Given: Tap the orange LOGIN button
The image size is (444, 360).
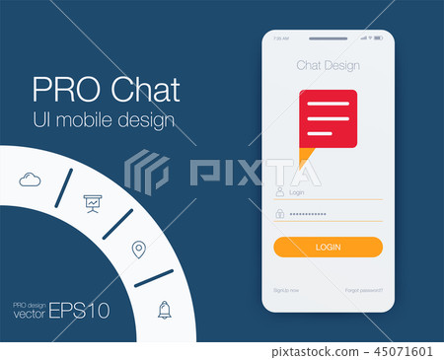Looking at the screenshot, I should (x=328, y=247).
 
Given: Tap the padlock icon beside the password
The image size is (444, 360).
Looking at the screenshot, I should (x=280, y=213).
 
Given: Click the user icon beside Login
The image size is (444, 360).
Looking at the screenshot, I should (x=280, y=193).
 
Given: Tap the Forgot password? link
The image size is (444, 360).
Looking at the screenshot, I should (x=364, y=290).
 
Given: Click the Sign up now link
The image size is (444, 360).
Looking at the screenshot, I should (x=286, y=290).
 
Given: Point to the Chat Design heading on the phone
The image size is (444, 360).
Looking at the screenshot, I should (x=328, y=66).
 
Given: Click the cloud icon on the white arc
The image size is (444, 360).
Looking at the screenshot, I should (x=29, y=179).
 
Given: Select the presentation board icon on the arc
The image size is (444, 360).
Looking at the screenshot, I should (x=92, y=203).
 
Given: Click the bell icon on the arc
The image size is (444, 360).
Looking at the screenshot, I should (x=164, y=310).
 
